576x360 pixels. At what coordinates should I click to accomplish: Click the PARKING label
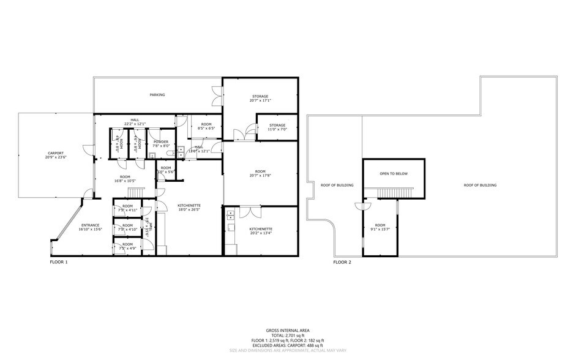pyautogui.click(x=157, y=95)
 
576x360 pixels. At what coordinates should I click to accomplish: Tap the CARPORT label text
pyautogui.click(x=56, y=153)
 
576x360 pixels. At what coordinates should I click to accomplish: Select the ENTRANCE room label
pyautogui.click(x=90, y=225)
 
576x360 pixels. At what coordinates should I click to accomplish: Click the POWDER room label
pyautogui.click(x=161, y=141)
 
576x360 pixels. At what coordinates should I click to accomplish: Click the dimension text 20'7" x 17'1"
pyautogui.click(x=260, y=100)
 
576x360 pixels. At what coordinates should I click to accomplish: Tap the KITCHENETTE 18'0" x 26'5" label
pyautogui.click(x=189, y=206)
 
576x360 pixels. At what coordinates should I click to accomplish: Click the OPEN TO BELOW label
pyautogui.click(x=393, y=173)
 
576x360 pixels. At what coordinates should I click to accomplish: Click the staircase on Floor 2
pyautogui.click(x=393, y=193)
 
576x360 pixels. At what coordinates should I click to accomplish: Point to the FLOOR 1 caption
pyautogui.click(x=59, y=261)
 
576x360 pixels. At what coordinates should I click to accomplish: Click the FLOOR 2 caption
pyautogui.click(x=342, y=261)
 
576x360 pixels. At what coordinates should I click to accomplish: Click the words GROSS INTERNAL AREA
pyautogui.click(x=287, y=329)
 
